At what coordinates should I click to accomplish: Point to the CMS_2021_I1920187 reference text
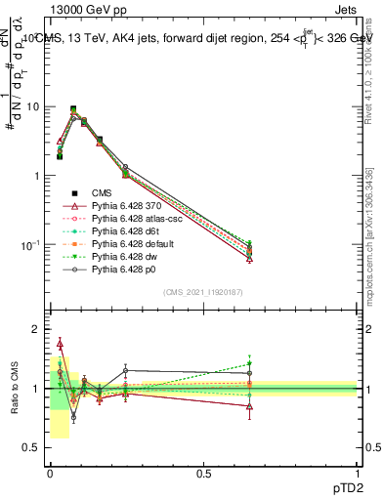click(x=203, y=293)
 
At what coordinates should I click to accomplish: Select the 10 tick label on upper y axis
click(x=34, y=106)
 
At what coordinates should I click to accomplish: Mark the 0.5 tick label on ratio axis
click(x=32, y=447)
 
